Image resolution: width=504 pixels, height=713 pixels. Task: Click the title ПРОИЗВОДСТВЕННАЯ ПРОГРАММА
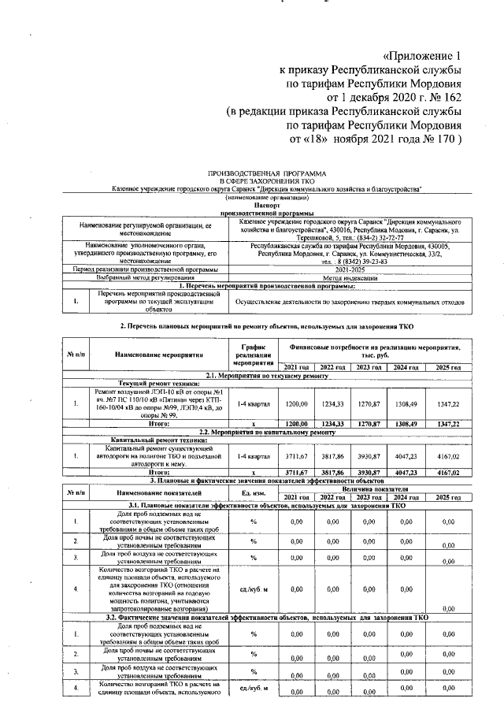267,172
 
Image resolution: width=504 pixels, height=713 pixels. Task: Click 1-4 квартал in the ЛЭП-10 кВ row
254,403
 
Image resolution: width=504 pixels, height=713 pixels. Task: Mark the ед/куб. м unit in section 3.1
254,588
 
